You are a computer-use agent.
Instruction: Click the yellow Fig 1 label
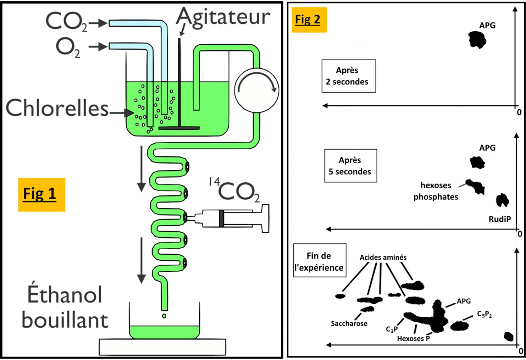(x=41, y=194)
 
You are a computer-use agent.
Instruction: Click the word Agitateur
(x=223, y=17)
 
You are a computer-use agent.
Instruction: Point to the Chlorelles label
(x=57, y=108)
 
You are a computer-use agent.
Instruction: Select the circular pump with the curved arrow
(x=256, y=90)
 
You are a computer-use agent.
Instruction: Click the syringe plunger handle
(x=265, y=218)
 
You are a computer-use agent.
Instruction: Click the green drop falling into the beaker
(x=164, y=316)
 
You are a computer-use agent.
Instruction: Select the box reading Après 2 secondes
(x=349, y=76)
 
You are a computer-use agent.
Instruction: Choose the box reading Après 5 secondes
(x=350, y=166)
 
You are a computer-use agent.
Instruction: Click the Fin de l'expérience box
(x=320, y=261)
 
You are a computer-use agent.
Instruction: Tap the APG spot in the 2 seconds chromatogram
(x=477, y=39)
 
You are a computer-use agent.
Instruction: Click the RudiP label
(x=499, y=219)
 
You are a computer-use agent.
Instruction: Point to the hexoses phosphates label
(x=436, y=191)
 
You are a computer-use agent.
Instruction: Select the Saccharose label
(x=349, y=323)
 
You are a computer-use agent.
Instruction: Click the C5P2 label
(x=484, y=314)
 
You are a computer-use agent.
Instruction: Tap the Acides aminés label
(x=383, y=257)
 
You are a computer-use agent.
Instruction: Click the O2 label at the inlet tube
(x=68, y=48)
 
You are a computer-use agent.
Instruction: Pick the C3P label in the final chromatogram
(x=392, y=329)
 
